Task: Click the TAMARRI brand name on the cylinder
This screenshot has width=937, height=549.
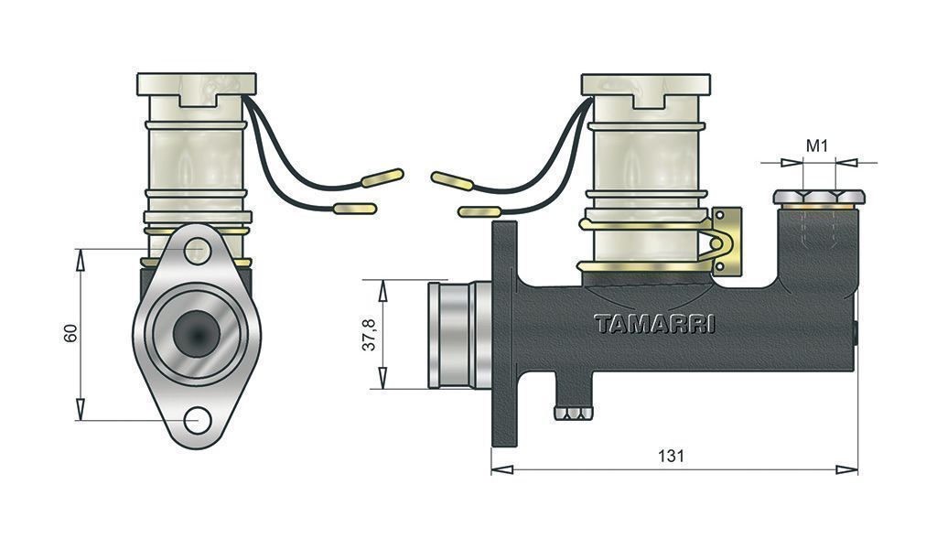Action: pos(654,324)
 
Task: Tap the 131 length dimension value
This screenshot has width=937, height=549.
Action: pos(671,457)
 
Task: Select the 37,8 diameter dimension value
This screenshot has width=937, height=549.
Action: pos(370,335)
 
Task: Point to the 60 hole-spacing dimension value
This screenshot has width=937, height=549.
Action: pos(70,333)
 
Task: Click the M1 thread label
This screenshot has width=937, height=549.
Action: pos(817,145)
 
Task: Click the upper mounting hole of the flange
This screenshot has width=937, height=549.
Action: pos(197,251)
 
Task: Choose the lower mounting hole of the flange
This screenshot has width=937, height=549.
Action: pos(198,421)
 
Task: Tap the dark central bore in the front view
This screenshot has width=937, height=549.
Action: pos(197,334)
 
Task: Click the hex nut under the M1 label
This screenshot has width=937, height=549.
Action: pos(819,197)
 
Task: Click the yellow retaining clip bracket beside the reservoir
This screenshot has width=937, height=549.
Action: pos(726,242)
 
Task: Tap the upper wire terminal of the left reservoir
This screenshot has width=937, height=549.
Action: pos(382,177)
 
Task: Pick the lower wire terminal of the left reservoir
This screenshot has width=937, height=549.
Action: pos(355,209)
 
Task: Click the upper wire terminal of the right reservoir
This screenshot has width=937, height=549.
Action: pos(452,179)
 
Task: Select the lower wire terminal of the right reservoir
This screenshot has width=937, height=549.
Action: pos(479,211)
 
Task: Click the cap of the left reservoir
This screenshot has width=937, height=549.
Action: pos(197,84)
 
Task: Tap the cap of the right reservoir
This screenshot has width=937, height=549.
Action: pos(646,84)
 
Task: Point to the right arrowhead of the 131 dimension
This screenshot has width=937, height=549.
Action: pos(846,469)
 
